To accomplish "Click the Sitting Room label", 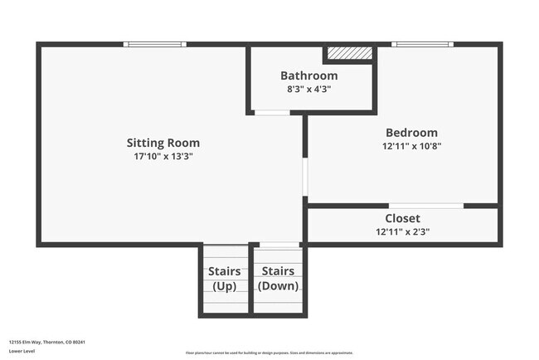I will point(163,143).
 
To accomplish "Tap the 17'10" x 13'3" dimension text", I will point(163,156).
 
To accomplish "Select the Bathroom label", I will point(308,75).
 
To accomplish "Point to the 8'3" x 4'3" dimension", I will point(308,89).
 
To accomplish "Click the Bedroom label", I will point(411,133).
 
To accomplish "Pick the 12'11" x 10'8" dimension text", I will point(411,146).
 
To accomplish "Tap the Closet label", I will point(402,218).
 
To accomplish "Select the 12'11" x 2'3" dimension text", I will point(402,232).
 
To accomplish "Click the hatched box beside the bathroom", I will point(349,53).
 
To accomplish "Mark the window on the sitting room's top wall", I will point(154,44).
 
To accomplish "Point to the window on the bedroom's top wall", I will point(423,44).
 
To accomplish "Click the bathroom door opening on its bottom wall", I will point(271,112).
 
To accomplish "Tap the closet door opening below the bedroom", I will point(426,205).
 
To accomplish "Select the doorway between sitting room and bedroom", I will point(305,176).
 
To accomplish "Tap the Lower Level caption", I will point(22,352).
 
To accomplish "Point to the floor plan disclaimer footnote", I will point(269,353).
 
